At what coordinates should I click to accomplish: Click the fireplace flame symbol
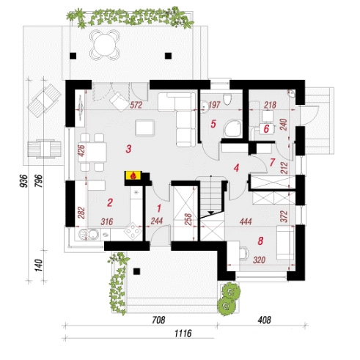[133, 175]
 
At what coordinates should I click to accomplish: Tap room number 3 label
[128, 149]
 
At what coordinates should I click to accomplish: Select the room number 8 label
[260, 241]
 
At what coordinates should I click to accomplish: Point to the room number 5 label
[213, 124]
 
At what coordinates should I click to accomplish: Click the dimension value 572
[136, 105]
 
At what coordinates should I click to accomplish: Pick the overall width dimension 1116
[183, 334]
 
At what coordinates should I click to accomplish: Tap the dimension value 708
[158, 320]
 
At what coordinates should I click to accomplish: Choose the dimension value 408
[264, 320]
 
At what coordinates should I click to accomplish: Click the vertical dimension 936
[24, 181]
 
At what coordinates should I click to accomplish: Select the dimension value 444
[246, 221]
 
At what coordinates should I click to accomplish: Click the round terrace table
[105, 45]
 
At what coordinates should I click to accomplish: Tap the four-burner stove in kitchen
[133, 231]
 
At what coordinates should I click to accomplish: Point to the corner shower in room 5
[233, 128]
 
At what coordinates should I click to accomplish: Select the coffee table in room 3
[145, 128]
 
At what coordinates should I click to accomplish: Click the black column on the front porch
[136, 271]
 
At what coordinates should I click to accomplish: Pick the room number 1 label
[159, 208]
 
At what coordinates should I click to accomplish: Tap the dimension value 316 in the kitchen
[107, 221]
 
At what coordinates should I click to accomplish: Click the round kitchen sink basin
[92, 235]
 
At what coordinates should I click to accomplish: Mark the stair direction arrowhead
[211, 213]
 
